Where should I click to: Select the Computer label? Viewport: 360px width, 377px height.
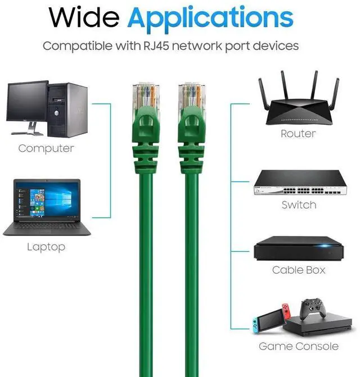pyautogui.click(x=46, y=149)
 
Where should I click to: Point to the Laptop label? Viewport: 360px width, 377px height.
pyautogui.click(x=46, y=247)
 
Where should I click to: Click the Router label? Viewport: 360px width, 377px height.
pyautogui.click(x=298, y=134)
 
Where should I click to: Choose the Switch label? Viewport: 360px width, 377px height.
pyautogui.click(x=299, y=205)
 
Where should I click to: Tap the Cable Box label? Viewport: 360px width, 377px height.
pyautogui.click(x=299, y=270)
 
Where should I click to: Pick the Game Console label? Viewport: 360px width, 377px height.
pyautogui.click(x=299, y=347)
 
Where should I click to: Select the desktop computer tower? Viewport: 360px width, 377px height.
pyautogui.click(x=68, y=109)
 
